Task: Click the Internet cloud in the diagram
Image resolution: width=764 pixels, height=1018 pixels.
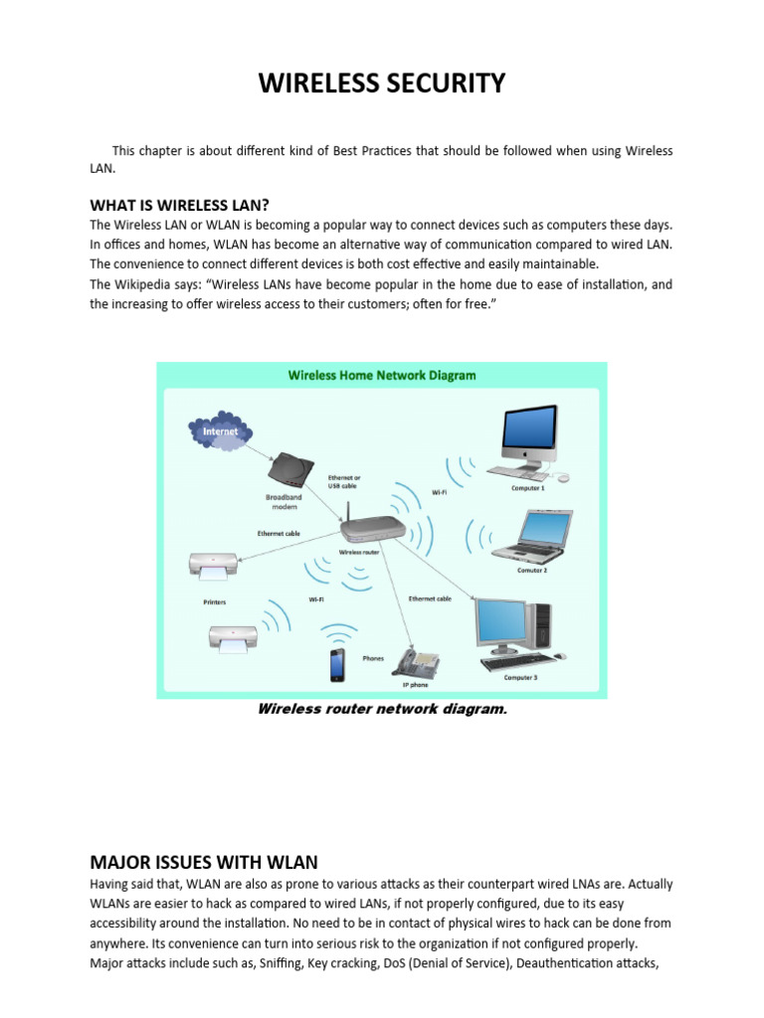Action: click(220, 432)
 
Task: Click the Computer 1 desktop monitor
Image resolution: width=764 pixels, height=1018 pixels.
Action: click(529, 433)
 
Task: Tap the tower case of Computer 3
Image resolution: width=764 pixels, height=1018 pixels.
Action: click(543, 627)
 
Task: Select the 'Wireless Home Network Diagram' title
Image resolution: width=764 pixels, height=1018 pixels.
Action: click(381, 376)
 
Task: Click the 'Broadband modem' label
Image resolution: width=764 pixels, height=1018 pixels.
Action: click(286, 501)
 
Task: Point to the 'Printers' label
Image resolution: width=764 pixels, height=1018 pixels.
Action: click(214, 602)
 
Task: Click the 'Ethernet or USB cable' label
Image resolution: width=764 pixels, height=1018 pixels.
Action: click(344, 482)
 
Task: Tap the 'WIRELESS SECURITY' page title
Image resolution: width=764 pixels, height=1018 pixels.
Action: click(382, 85)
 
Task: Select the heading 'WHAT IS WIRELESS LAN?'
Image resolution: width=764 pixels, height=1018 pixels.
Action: click(180, 205)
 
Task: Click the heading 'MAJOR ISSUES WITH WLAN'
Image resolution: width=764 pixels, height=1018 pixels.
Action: click(204, 862)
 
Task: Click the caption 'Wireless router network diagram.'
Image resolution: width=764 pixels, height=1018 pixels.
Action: click(375, 709)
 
